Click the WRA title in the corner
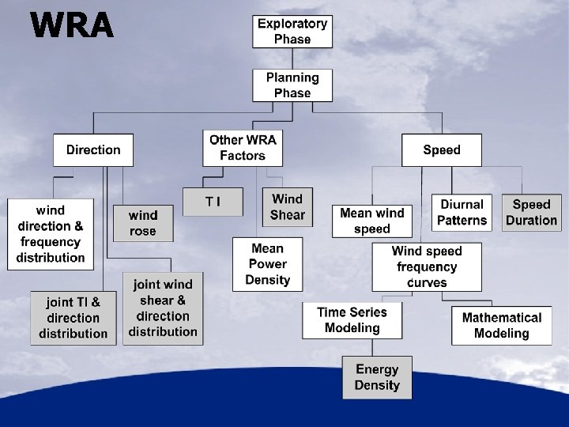[72, 25]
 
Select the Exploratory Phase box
[292, 32]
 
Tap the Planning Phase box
[292, 85]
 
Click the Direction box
[93, 149]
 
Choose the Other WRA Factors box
[243, 148]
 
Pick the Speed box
[442, 149]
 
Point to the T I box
[213, 202]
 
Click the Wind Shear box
[288, 206]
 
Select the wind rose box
[143, 223]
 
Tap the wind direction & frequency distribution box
[51, 233]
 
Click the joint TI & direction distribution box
[73, 318]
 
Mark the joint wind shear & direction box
[163, 308]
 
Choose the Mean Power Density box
[268, 264]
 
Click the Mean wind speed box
[372, 221]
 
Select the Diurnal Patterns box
[462, 213]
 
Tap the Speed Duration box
[531, 213]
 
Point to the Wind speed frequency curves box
[428, 266]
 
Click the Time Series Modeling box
[352, 320]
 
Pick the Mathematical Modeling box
[502, 325]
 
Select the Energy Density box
[377, 377]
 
